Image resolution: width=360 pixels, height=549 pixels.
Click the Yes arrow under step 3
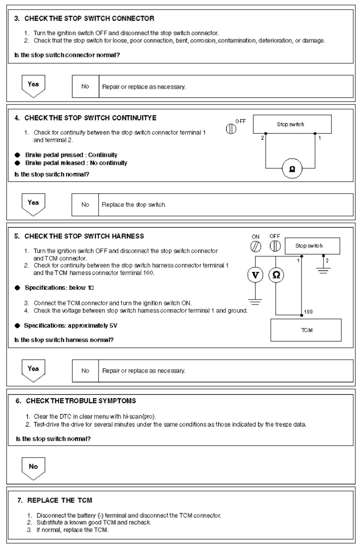(x=33, y=85)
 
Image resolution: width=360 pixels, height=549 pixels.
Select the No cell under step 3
(x=85, y=86)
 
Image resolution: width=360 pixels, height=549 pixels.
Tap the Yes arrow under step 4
(x=33, y=204)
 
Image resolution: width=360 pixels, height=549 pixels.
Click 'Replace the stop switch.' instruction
(x=134, y=204)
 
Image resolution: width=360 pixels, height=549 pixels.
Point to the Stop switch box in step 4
(x=292, y=124)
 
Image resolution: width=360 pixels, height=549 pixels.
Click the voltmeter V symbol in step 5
(x=255, y=275)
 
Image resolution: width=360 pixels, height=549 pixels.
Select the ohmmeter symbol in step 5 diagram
(x=276, y=275)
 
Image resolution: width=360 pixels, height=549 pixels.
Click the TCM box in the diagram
(x=306, y=330)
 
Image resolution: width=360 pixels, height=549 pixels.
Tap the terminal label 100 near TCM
(x=308, y=312)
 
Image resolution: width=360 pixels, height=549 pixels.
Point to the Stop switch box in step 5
(x=312, y=246)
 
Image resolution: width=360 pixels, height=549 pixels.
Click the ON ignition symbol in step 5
(x=256, y=246)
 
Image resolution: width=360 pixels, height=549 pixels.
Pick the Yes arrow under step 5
(x=33, y=370)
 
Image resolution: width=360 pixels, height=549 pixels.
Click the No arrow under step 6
(x=33, y=468)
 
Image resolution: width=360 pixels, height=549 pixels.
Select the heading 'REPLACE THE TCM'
(x=60, y=500)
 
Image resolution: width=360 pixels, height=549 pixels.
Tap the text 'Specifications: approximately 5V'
(x=71, y=325)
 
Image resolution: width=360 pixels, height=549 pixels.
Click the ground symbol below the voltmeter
(x=255, y=300)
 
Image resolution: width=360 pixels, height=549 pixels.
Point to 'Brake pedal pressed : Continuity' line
(x=71, y=155)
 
